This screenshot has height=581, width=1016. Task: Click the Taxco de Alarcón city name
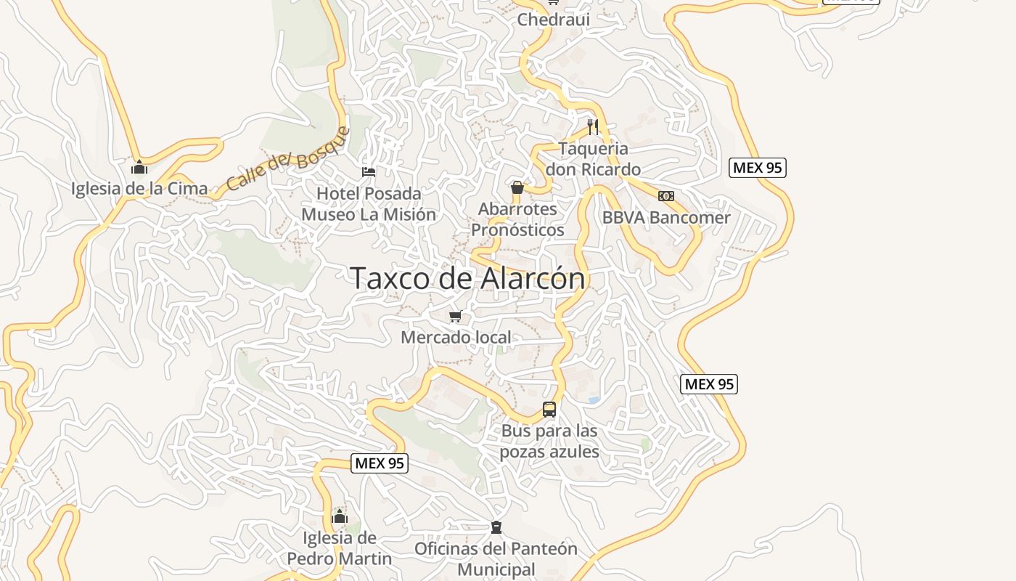click(467, 278)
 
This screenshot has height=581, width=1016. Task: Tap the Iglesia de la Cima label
click(139, 188)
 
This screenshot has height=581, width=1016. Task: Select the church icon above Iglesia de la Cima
click(139, 168)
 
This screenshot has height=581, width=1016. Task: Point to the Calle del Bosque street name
click(287, 159)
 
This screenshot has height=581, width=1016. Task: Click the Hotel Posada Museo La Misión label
click(369, 204)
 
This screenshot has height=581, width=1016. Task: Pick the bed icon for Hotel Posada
click(369, 172)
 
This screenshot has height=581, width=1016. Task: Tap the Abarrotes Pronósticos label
click(517, 219)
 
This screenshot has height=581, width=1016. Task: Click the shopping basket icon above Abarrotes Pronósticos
click(517, 188)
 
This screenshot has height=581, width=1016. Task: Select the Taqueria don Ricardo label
click(593, 159)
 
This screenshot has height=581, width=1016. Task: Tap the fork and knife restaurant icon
click(593, 127)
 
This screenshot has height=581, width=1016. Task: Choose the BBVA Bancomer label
click(666, 217)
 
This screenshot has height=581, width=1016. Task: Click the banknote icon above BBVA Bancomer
click(666, 196)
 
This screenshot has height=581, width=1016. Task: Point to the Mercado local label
click(456, 337)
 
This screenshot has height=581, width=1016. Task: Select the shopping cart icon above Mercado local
click(456, 316)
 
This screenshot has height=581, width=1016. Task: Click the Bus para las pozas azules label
click(549, 441)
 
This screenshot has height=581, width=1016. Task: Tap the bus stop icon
click(549, 410)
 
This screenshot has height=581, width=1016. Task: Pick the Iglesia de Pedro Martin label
click(340, 548)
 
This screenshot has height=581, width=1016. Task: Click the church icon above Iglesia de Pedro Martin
click(340, 517)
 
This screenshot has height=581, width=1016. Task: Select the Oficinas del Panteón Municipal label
click(496, 558)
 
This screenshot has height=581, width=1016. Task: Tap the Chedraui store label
click(553, 20)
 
